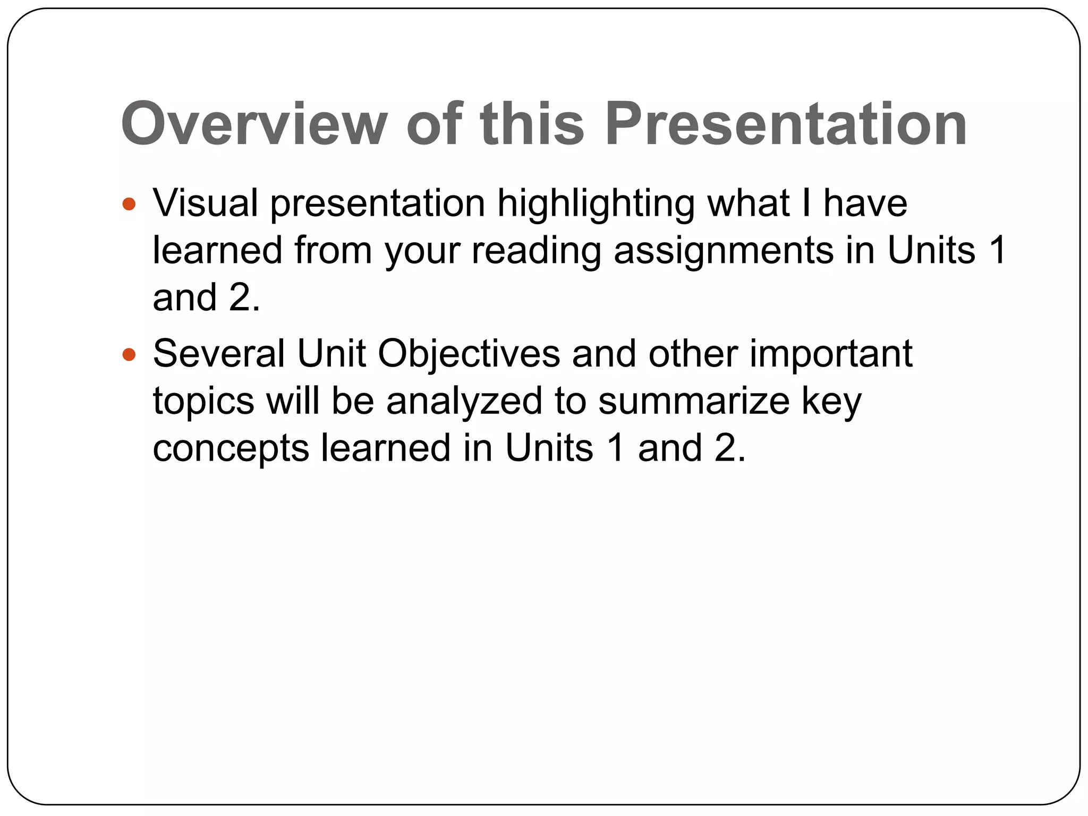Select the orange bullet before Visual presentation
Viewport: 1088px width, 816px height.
point(129,204)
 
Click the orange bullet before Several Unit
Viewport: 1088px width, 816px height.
point(129,354)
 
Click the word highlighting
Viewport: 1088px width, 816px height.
point(596,204)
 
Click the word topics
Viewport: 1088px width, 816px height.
point(203,402)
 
